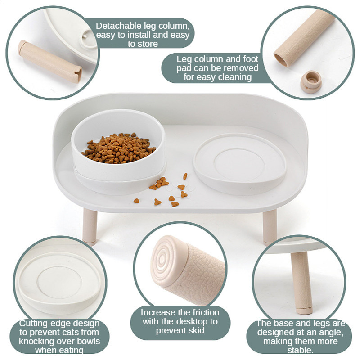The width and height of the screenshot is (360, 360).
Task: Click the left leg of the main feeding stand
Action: click(x=90, y=226)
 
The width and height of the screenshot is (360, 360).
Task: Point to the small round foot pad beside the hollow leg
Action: click(x=311, y=82)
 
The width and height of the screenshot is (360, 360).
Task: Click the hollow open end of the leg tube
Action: click(x=281, y=60)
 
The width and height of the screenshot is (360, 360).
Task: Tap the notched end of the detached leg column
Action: click(x=77, y=75)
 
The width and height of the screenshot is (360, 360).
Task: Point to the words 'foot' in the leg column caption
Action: click(x=251, y=59)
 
